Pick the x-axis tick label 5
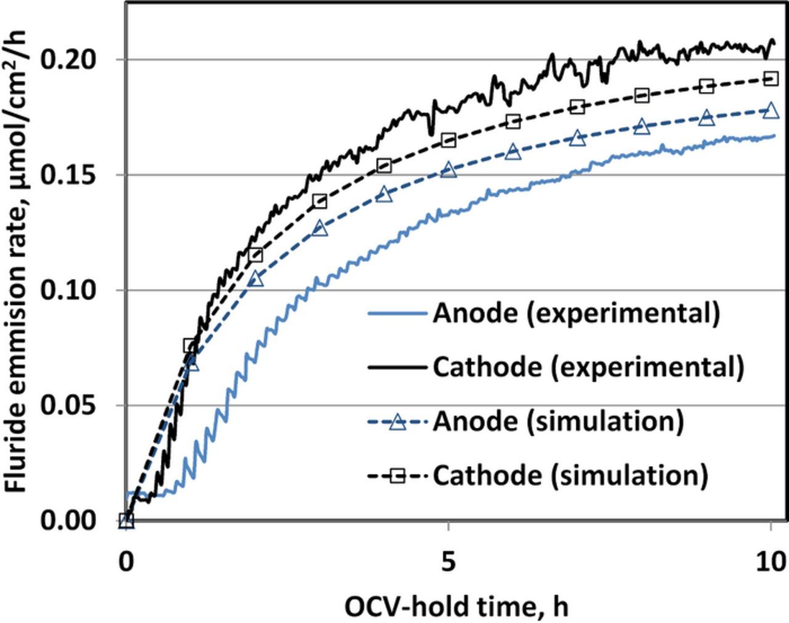tap(449, 561)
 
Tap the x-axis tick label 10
tap(770, 561)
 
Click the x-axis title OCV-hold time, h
tap(456, 607)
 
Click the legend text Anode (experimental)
tap(576, 314)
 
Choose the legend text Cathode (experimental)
tap(588, 368)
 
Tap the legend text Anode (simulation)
tap(558, 421)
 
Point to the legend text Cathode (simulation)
tap(570, 475)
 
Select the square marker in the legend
tap(398, 476)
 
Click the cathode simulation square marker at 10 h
tap(771, 78)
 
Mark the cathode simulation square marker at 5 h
tap(449, 140)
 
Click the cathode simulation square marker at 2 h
tap(256, 255)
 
